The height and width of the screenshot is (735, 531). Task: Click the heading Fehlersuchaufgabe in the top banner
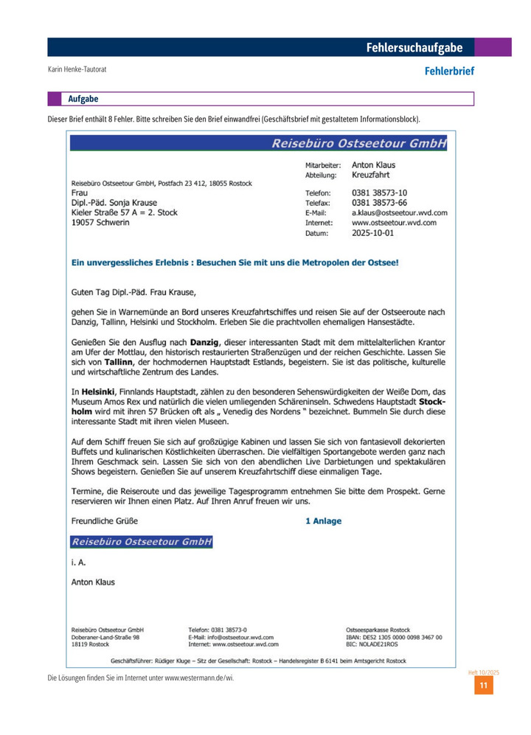point(414,48)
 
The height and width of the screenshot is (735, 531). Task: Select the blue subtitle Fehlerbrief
point(448,72)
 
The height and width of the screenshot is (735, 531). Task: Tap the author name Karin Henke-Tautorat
point(77,70)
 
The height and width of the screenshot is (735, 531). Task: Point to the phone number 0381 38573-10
point(380,193)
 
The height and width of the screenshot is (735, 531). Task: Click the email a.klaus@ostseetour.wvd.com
point(399,212)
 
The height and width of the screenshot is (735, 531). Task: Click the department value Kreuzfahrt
point(371,175)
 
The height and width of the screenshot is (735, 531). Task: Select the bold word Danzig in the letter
point(205,342)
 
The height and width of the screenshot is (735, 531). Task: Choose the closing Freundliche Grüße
point(103,520)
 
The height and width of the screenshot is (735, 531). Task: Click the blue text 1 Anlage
point(323,520)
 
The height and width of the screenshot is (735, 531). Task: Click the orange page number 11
point(483,686)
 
